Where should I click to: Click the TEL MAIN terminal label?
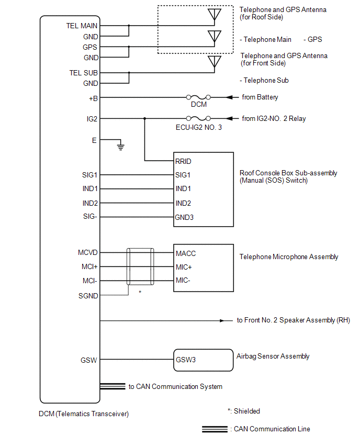82,26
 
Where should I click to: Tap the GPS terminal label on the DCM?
90,47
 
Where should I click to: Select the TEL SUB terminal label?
84,73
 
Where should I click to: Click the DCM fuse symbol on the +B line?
198,97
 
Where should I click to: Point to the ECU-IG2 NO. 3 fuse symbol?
198,118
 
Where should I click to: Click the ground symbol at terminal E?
120,147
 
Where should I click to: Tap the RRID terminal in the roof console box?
183,162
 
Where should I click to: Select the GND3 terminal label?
184,218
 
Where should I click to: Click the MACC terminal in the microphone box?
186,253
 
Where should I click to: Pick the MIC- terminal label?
183,281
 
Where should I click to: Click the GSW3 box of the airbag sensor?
204,360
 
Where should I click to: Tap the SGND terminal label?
88,296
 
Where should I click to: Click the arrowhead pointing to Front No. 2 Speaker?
222,321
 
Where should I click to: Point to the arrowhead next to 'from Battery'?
229,97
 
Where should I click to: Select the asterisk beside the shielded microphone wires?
140,292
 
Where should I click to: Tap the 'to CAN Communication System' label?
175,386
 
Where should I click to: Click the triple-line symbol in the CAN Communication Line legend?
215,429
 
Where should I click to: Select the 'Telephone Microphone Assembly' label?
289,257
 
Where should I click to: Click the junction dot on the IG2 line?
145,118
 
